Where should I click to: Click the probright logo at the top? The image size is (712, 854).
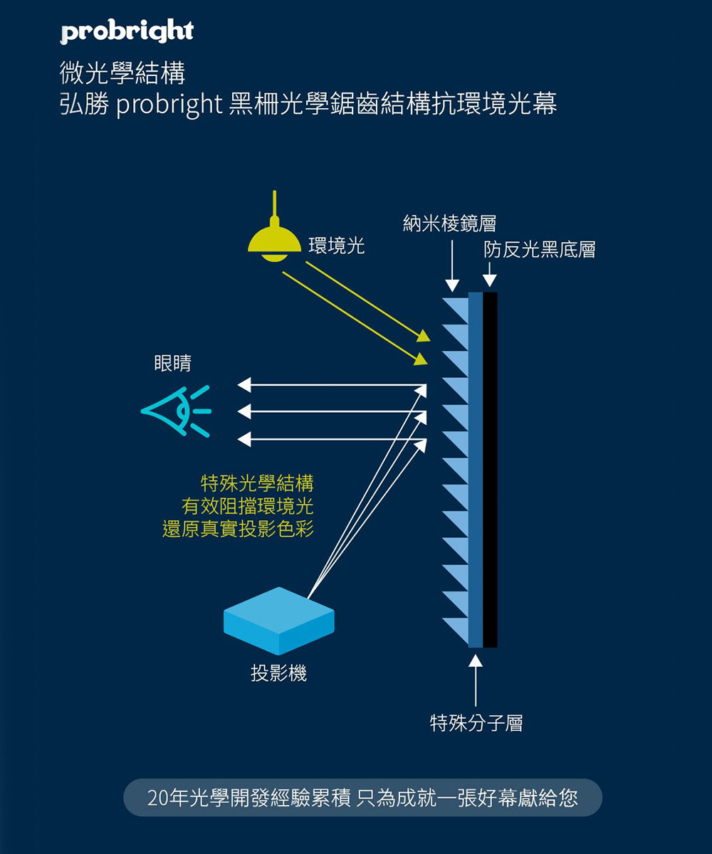tap(127, 32)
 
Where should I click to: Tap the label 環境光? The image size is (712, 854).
tap(336, 246)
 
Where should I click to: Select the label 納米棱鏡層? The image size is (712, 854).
tap(449, 223)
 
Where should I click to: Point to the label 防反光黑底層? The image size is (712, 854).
tap(539, 249)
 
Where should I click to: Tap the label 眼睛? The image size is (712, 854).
tap(173, 363)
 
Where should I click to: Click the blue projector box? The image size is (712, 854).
tap(279, 620)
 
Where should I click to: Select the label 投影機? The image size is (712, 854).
tap(278, 673)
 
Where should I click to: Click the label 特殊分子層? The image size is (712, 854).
tap(476, 724)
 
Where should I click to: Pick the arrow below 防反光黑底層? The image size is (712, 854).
tap(489, 275)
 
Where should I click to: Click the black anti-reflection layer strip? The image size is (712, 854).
tap(490, 470)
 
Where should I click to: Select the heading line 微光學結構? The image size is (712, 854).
tap(122, 73)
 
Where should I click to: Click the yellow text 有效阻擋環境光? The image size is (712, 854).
tap(247, 507)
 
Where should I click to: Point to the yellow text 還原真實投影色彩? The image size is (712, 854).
tap(238, 529)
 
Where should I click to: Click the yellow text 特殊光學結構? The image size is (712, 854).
tap(257, 484)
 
